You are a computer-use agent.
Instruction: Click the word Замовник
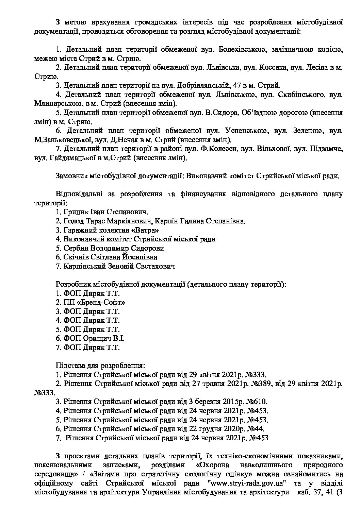click(x=71, y=176)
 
